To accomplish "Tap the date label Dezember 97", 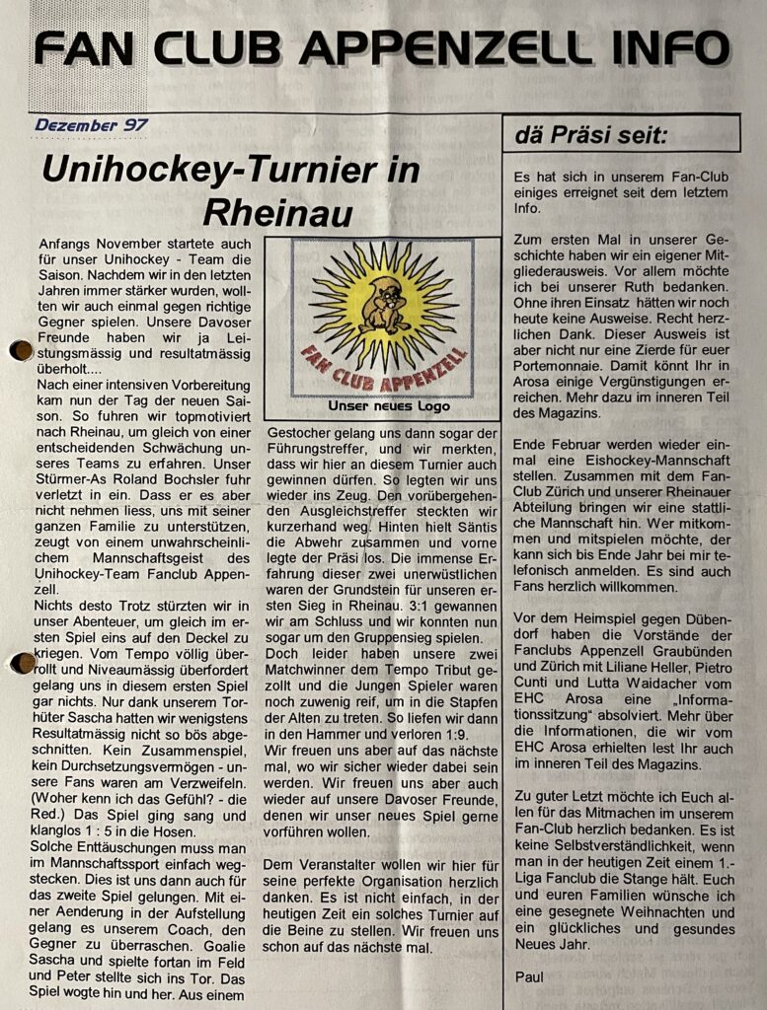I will (91, 125).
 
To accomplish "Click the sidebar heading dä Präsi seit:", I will (590, 135).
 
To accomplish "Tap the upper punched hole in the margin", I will (20, 350).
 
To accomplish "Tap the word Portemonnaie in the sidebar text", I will (563, 384).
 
